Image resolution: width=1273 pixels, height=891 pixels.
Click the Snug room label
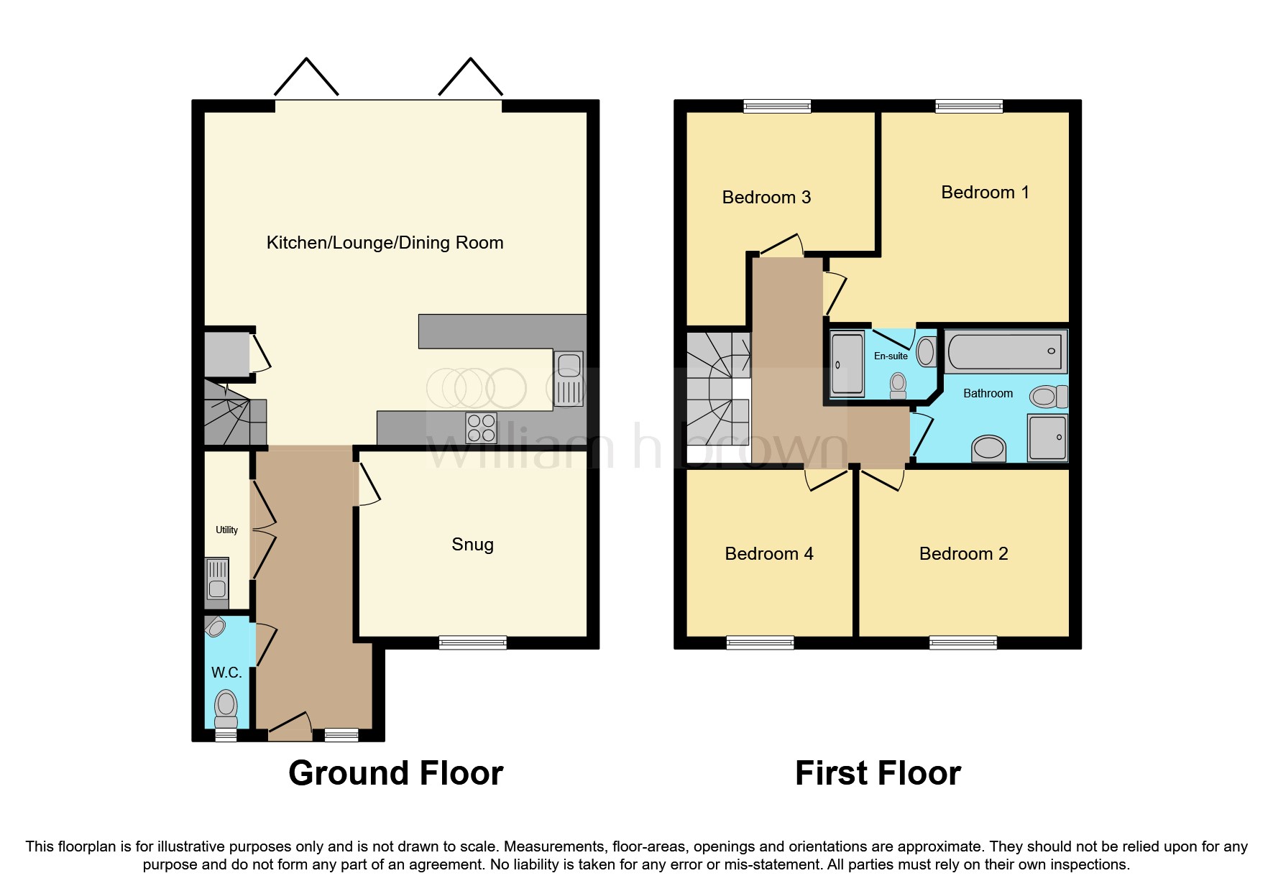pos(472,545)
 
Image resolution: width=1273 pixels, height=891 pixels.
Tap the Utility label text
pos(226,530)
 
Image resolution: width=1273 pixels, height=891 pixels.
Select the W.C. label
pos(226,673)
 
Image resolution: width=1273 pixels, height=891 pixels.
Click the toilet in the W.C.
pos(226,708)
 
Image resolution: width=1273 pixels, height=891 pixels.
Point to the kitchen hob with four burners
pos(481,428)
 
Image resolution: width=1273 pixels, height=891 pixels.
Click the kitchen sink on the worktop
pos(569,379)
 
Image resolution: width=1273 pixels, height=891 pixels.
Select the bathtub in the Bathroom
pos(1005,352)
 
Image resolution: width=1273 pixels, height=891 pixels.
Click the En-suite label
pos(891,356)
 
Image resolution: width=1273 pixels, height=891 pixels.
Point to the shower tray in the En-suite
pos(847,364)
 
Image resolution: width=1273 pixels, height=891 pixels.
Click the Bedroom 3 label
pos(766,198)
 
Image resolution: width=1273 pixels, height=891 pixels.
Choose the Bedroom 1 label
pos(985,193)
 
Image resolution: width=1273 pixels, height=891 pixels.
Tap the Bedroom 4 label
pos(768,554)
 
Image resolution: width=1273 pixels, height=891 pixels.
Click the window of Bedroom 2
pos(962,642)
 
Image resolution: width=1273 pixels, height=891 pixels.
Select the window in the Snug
pos(472,642)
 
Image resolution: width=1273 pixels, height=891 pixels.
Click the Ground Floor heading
pos(395,774)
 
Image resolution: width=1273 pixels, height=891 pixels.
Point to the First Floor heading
pos(878,774)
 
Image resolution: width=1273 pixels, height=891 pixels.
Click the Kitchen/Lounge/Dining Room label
pos(385,243)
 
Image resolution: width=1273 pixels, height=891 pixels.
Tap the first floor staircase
pos(717,395)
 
